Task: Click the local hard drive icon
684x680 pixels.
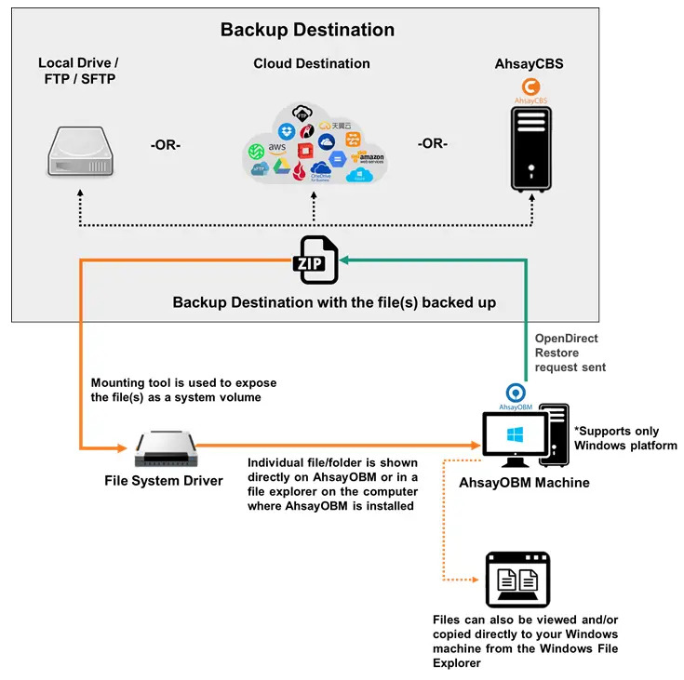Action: (82, 153)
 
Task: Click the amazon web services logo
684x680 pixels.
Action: (371, 159)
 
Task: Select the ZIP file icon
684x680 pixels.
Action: (315, 260)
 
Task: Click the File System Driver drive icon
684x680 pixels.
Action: (166, 448)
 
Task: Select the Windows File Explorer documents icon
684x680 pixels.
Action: (517, 580)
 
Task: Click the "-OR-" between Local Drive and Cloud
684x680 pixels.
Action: (165, 144)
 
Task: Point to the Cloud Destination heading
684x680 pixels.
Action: (312, 64)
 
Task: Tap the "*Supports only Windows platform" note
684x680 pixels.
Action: (625, 439)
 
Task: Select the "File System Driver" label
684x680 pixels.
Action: (164, 481)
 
